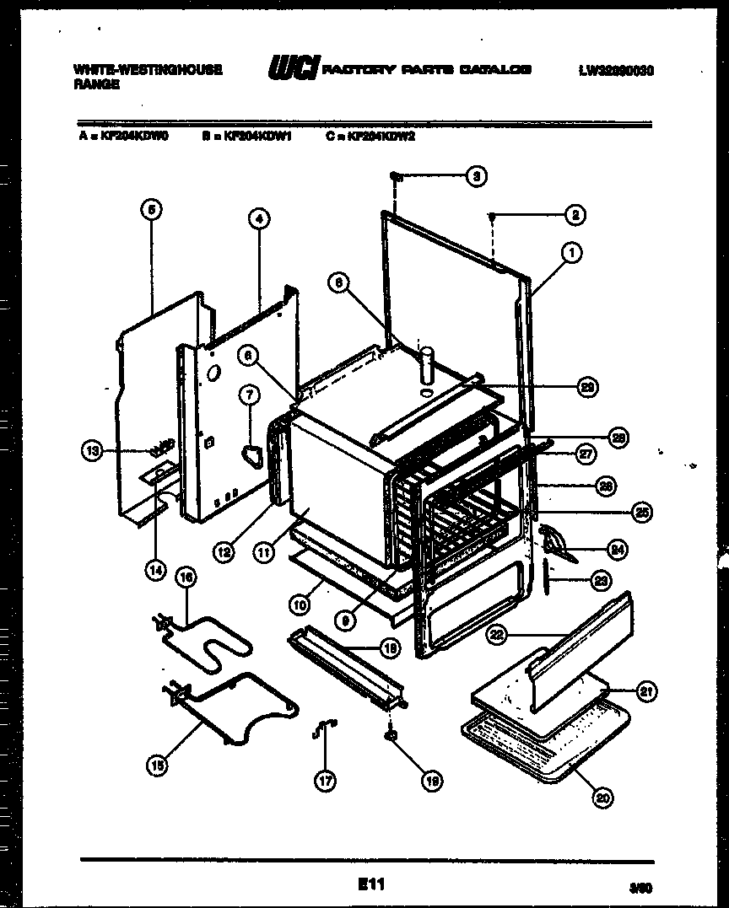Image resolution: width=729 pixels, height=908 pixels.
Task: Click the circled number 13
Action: click(93, 451)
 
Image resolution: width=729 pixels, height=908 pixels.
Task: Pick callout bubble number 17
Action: click(325, 781)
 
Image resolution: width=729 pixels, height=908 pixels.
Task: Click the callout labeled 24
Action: click(618, 549)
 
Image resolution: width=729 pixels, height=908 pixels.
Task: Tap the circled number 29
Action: click(586, 387)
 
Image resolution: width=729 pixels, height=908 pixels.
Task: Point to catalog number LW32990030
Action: click(615, 72)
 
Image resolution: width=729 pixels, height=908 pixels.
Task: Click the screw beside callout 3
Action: click(395, 176)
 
